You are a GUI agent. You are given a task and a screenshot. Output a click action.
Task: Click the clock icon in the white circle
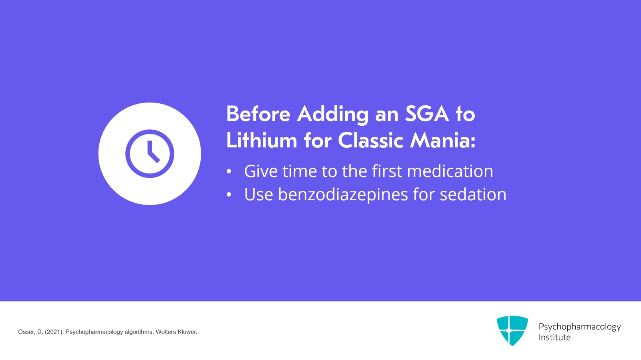149,154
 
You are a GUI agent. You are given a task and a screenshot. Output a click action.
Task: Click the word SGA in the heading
427,114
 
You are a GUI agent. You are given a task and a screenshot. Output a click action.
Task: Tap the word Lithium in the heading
261,141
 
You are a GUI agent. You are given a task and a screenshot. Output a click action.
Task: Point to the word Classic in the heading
371,141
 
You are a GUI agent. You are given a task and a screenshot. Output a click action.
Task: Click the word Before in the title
258,114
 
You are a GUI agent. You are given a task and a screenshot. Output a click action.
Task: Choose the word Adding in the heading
333,114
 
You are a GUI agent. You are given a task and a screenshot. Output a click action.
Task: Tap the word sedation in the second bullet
473,195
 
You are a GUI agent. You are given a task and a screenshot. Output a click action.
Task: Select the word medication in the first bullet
450,171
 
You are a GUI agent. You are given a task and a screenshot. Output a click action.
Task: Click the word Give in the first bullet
261,171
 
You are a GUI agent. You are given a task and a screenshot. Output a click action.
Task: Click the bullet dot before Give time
229,172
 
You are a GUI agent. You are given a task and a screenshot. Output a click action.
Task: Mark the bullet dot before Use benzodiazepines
229,195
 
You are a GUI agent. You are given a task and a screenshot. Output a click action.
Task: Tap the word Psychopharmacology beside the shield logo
579,326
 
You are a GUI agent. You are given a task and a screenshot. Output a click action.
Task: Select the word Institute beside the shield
554,337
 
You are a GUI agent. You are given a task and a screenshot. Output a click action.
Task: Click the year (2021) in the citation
54,332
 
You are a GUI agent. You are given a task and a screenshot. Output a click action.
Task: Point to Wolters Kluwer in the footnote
176,332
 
